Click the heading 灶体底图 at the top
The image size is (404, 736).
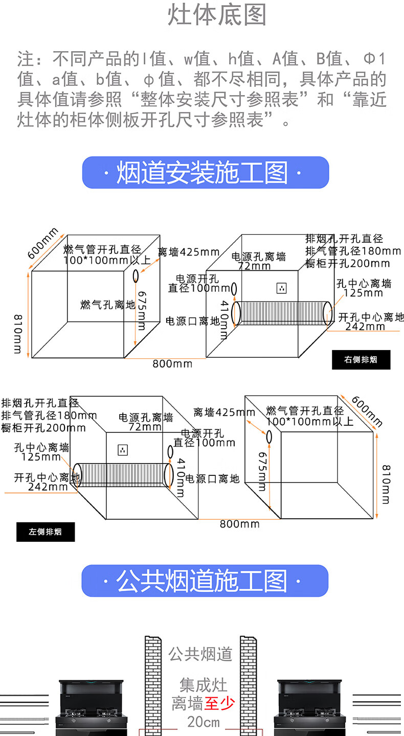217,16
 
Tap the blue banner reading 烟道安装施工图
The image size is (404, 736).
205,173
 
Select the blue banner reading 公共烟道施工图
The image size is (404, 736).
205,581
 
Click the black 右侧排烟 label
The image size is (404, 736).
361,359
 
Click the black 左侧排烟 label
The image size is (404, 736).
46,532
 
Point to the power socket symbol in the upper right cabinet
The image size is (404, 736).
281,288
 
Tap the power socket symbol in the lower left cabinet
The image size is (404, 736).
123,450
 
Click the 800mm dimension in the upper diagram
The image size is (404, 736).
172,364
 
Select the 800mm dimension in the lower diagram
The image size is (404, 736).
240,524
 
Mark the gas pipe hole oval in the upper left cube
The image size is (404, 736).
136,276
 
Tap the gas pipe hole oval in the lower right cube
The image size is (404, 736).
269,437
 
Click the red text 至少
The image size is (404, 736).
219,704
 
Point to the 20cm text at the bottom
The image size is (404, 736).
204,722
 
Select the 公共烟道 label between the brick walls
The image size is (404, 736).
200,654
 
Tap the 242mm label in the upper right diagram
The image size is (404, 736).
365,327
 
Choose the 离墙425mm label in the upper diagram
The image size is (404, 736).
188,252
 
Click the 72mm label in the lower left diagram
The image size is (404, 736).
145,427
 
